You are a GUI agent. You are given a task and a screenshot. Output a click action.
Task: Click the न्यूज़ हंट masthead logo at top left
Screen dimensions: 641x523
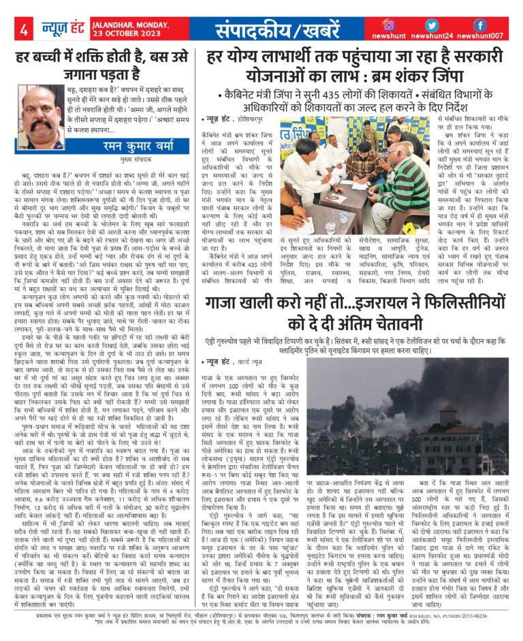pos(51,29)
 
